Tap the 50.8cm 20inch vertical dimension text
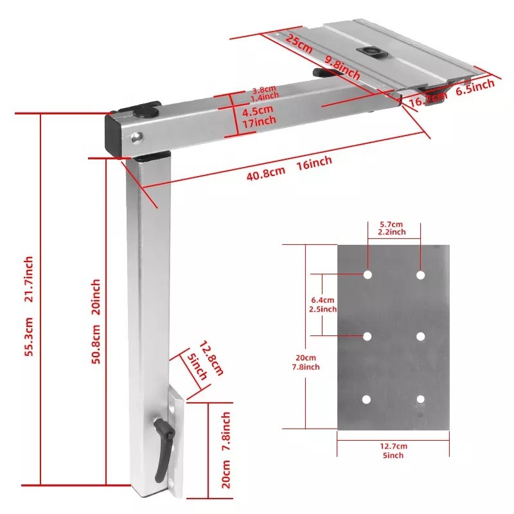click(96, 321)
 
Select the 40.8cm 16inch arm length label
click(288, 169)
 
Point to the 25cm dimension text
click(299, 44)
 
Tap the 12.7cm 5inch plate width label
click(393, 450)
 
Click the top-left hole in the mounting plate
click(367, 275)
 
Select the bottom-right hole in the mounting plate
click(420, 399)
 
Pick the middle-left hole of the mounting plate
click(367, 336)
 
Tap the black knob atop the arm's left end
click(145, 111)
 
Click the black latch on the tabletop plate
click(371, 52)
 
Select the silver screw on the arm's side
click(135, 136)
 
